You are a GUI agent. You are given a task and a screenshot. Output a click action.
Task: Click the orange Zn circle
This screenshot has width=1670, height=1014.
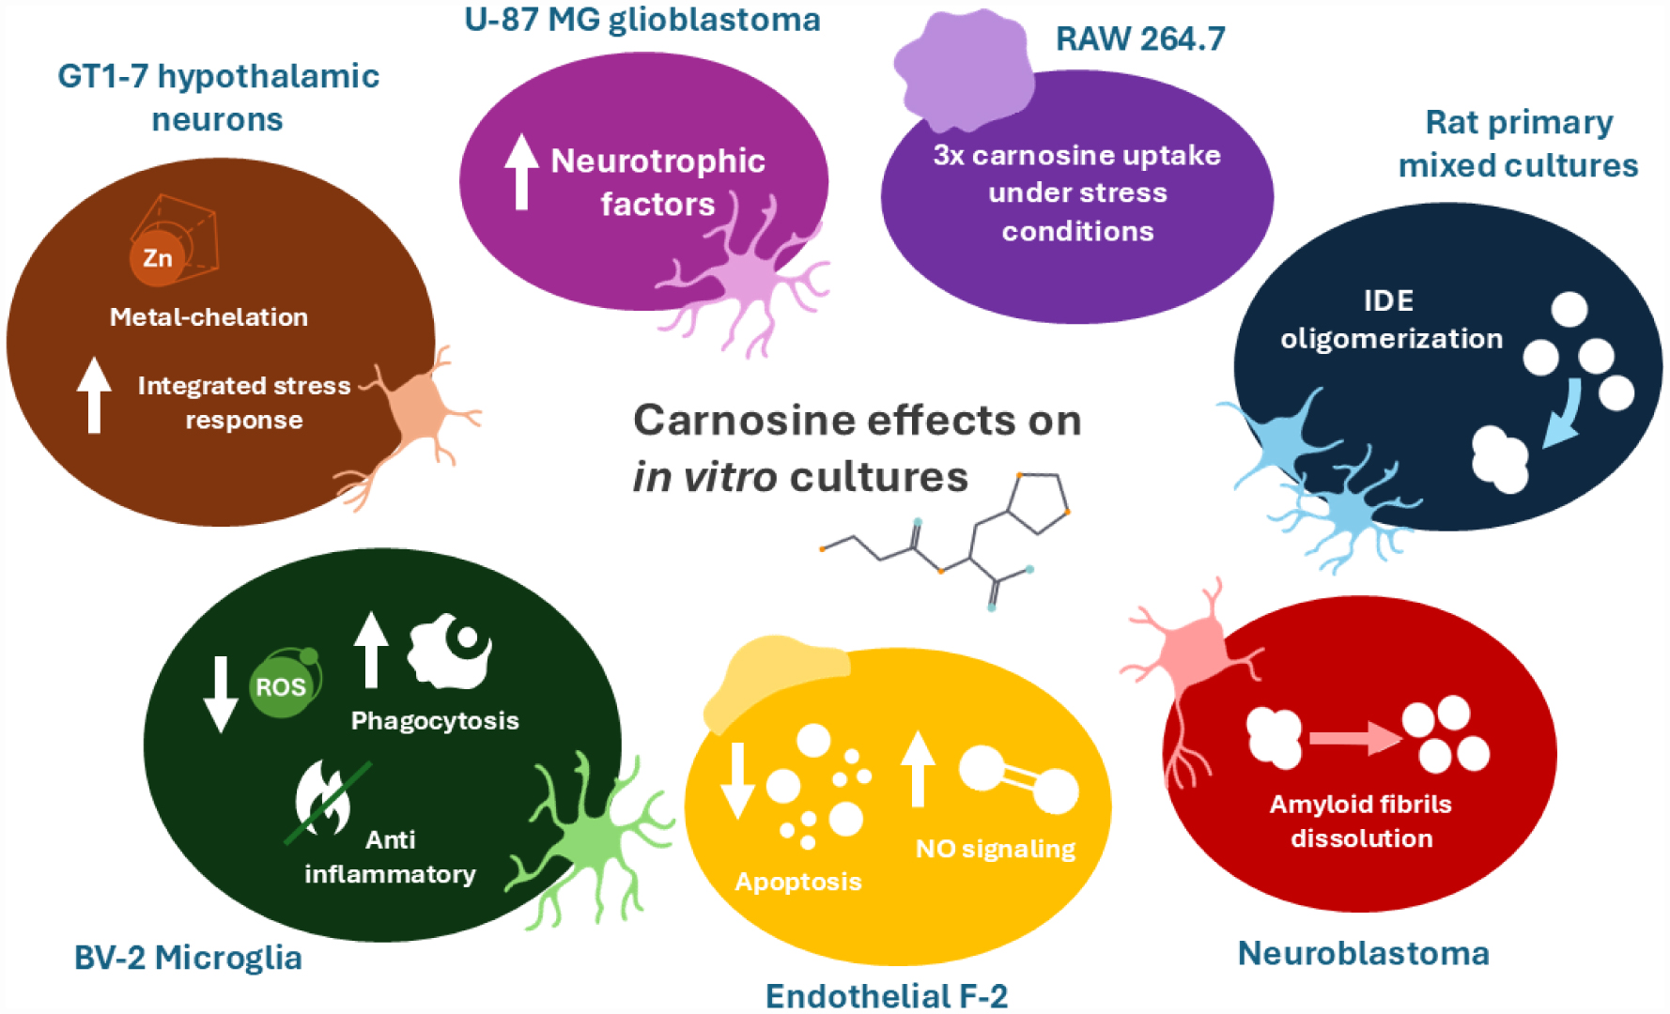point(158,257)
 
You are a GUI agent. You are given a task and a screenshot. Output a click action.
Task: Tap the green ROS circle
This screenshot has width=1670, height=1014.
point(281,686)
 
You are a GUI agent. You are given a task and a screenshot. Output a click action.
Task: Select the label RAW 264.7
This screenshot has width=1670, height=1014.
point(1140,38)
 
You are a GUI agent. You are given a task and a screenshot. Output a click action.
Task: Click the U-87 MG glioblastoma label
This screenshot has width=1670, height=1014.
point(642,19)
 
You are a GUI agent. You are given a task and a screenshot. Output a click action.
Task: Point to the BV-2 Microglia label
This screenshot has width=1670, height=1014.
point(188,958)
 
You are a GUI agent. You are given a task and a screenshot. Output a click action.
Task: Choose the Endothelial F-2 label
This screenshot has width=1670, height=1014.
point(886,995)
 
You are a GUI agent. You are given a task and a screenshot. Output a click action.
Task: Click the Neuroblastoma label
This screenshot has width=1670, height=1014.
point(1363,953)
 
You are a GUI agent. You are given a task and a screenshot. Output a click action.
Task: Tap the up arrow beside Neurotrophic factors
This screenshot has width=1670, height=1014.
point(521,171)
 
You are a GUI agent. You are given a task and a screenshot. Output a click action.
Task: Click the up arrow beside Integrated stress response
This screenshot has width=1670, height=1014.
point(94,394)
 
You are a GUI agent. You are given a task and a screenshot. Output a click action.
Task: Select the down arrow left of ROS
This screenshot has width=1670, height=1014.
point(221,693)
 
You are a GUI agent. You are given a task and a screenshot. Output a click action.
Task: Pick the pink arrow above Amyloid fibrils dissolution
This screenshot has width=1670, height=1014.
point(1353,738)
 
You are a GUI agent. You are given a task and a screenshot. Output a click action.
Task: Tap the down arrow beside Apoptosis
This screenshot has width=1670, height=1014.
point(737,779)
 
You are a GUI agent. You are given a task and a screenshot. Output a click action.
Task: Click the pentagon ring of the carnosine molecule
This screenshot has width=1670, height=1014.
point(1038,503)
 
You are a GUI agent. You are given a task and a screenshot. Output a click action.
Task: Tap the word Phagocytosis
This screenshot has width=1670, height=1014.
point(435,720)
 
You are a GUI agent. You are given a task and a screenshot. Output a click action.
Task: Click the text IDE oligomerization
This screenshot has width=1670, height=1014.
point(1391,319)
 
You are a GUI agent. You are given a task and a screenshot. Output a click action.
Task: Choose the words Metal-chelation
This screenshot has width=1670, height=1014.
point(209,317)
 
